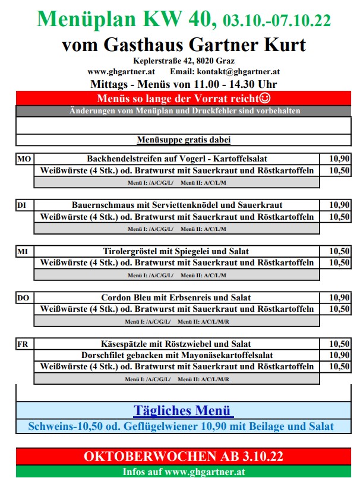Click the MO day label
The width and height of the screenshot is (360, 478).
pyautogui.click(x=24, y=159)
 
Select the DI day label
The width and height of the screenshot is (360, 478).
pyautogui.click(x=22, y=205)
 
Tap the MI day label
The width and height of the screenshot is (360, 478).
pyautogui.click(x=23, y=252)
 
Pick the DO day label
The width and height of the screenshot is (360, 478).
pyautogui.click(x=23, y=297)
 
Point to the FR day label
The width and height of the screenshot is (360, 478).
pyautogui.click(x=23, y=344)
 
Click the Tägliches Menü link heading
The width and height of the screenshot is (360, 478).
pyautogui.click(x=183, y=410)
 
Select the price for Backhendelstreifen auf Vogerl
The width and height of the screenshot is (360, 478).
pyautogui.click(x=339, y=159)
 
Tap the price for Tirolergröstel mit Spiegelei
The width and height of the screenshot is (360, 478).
pyautogui.click(x=339, y=252)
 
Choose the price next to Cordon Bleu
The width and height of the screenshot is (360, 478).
pyautogui.click(x=339, y=297)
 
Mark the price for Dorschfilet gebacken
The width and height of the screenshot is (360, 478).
pyautogui.click(x=339, y=355)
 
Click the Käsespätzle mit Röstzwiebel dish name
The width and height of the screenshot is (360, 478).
pyautogui.click(x=176, y=344)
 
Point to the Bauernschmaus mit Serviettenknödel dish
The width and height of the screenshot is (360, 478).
pyautogui.click(x=176, y=205)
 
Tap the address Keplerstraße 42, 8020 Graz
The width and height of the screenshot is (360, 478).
pyautogui.click(x=184, y=61)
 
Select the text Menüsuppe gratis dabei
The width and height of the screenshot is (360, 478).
pyautogui.click(x=184, y=140)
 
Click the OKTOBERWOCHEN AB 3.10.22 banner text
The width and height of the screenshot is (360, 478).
pyautogui.click(x=183, y=457)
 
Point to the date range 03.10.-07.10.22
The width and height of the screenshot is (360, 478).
pyautogui.click(x=277, y=21)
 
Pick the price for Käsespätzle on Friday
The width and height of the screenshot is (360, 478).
pyautogui.click(x=339, y=344)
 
